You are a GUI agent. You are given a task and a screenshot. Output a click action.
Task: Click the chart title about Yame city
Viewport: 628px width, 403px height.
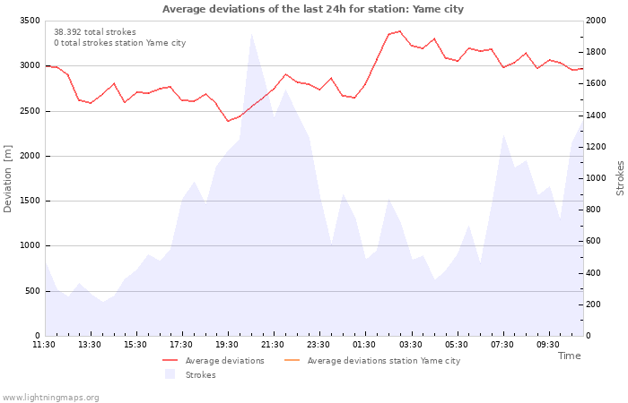click(313, 9)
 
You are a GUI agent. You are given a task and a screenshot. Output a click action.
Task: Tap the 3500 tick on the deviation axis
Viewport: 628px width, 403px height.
click(30, 21)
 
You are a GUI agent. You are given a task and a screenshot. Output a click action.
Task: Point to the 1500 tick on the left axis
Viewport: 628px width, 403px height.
click(30, 201)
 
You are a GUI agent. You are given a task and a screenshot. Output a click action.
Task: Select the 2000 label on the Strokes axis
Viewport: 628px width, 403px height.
click(596, 21)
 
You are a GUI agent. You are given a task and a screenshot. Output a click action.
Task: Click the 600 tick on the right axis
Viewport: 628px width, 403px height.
click(594, 241)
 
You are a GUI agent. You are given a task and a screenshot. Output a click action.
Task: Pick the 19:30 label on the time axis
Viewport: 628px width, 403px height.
click(227, 345)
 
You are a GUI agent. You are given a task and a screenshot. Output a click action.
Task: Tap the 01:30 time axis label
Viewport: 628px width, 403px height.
click(364, 345)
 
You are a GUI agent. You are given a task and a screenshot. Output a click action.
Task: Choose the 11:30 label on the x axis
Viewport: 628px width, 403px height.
click(44, 345)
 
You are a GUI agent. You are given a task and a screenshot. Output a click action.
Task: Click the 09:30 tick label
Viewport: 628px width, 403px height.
click(547, 345)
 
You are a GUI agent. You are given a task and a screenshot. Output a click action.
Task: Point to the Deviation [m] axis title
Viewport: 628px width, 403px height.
click(7, 178)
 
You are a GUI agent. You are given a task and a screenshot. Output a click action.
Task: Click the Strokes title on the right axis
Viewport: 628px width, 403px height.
click(620, 178)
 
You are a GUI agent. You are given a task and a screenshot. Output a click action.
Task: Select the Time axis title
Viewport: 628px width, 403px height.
click(569, 356)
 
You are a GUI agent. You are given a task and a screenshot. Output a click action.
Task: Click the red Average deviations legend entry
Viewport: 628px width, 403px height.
click(214, 361)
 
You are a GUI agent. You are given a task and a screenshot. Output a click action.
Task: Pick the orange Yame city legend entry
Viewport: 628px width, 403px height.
click(372, 361)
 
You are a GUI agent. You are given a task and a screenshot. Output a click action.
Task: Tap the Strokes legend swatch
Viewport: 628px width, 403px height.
click(170, 374)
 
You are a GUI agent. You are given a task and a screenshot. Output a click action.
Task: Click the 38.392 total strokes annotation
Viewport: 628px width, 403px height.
click(95, 32)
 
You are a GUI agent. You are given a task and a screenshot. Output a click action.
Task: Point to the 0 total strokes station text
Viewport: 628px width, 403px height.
click(119, 43)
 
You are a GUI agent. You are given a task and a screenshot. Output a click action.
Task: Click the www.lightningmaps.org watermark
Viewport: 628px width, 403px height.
click(50, 398)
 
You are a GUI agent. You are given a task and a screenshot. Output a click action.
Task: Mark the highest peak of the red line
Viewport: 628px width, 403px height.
click(399, 31)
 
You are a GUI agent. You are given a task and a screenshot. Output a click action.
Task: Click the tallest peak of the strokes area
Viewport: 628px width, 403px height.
click(251, 34)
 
